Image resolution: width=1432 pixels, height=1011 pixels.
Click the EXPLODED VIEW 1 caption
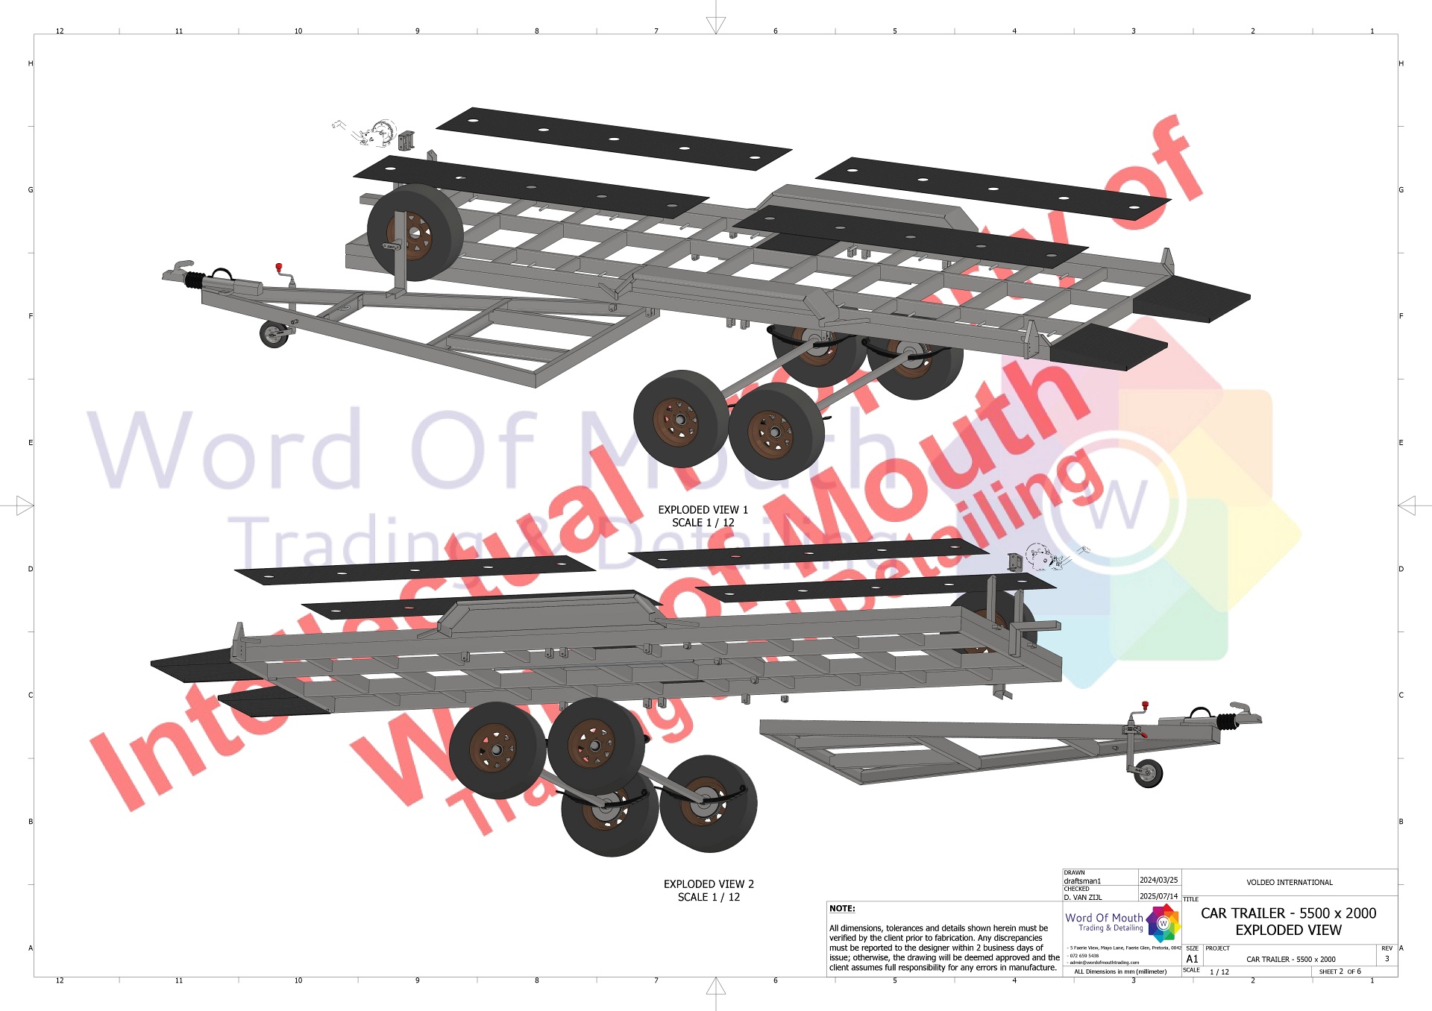(703, 510)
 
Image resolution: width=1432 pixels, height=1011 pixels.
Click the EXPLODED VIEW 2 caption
(709, 884)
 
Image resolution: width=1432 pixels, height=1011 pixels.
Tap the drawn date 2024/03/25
(1158, 881)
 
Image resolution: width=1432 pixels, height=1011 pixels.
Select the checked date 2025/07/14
(1158, 896)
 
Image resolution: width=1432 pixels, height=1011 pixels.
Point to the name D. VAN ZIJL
(1082, 897)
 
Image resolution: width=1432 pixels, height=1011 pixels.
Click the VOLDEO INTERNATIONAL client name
(1290, 883)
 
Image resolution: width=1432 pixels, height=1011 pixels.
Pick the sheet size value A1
(1192, 959)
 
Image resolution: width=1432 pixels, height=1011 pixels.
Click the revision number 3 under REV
(1387, 959)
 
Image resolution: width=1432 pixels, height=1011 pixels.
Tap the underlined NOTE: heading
(842, 908)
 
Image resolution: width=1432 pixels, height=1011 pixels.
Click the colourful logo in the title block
(1163, 923)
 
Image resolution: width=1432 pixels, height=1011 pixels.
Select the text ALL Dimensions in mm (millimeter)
(1120, 971)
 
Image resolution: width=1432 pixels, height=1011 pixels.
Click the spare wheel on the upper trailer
(415, 232)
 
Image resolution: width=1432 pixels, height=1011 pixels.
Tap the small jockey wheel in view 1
(274, 334)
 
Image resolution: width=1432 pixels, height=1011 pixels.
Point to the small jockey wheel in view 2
(1148, 774)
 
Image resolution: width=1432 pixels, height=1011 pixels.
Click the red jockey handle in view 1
(279, 267)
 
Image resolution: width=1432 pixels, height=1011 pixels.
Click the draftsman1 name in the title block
(1082, 881)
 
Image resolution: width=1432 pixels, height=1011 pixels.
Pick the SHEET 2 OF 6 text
(1340, 971)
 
